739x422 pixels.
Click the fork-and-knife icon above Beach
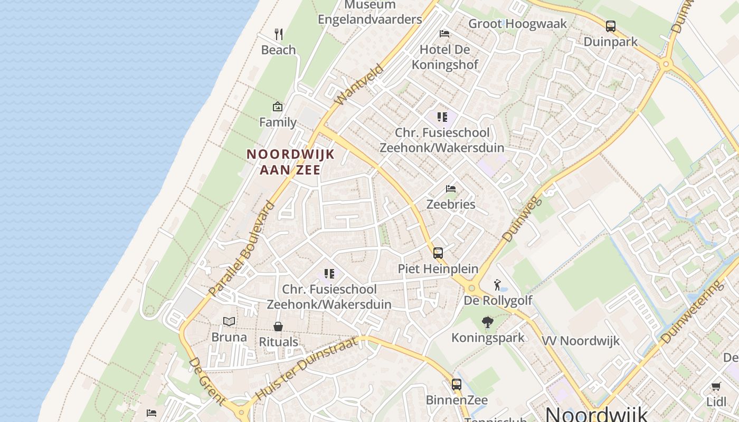[279, 34]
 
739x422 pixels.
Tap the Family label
[278, 122]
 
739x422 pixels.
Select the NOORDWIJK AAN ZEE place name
[291, 161]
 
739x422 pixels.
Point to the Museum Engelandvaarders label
[370, 13]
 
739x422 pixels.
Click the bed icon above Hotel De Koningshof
[444, 33]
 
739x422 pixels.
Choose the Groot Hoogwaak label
[517, 24]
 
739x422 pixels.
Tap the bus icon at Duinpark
[611, 26]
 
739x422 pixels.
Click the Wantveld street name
[359, 84]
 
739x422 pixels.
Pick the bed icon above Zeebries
[451, 188]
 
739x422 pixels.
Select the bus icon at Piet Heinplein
[438, 253]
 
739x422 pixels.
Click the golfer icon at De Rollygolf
[497, 285]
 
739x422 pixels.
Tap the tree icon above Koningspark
[488, 322]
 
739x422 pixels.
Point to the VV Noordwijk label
[581, 341]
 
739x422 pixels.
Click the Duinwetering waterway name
[691, 312]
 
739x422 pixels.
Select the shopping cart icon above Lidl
[716, 386]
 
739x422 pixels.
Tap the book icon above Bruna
[229, 321]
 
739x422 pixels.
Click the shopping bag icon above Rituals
[278, 327]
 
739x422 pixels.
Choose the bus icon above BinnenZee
[457, 384]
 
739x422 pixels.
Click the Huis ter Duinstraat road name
[307, 368]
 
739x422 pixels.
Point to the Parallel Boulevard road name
[242, 248]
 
